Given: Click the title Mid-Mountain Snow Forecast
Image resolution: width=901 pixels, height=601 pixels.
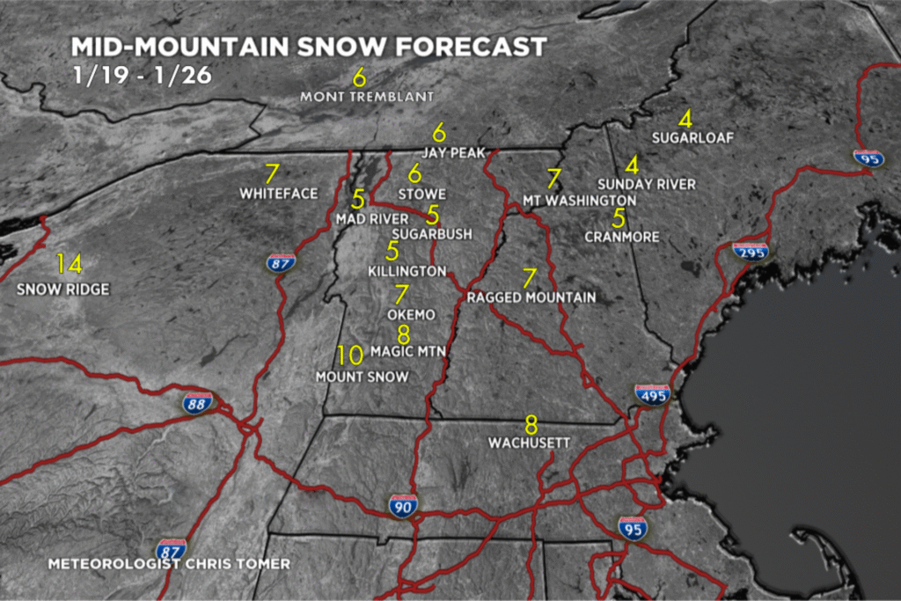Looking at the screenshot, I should pos(308,47).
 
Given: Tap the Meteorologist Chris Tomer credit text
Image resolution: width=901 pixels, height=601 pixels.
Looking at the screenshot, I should pos(168,563).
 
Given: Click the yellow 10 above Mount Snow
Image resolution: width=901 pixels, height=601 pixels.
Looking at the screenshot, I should pos(349,355).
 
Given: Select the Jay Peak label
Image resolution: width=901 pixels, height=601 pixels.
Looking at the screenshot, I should pos(453,152).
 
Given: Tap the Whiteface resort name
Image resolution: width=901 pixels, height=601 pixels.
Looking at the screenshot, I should pos(278,193).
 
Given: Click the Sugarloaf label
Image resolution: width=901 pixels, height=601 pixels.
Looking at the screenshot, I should pos(692,138).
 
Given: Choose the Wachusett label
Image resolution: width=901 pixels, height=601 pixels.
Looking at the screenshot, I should pos(530,443).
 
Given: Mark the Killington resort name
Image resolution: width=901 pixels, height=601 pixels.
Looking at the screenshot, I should pos(407,271).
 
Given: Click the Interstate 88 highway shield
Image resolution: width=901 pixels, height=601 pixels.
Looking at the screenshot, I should pos(198,403).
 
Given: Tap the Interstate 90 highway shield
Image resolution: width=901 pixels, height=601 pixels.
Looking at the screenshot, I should pos(402,506).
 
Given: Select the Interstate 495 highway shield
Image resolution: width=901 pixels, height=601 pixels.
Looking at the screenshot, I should pos(652,394).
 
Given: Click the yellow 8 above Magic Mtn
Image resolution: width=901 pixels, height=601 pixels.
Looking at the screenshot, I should pos(404,334).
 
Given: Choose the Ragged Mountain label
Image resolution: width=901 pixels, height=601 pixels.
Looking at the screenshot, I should pos(531,297).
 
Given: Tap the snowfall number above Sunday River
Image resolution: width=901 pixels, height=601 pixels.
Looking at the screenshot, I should pos(632,165).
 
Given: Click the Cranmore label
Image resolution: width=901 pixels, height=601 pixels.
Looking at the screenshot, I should pos(621,237).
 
